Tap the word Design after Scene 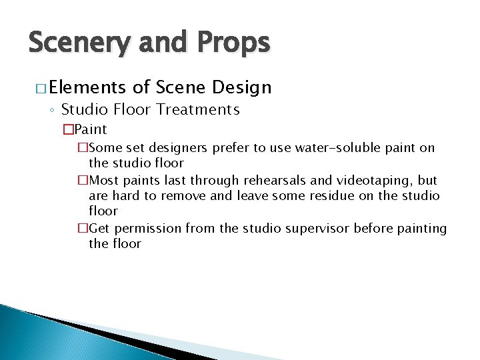coord(243,87)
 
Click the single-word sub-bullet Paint coord(91,129)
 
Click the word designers coord(168,147)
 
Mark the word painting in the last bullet coord(421,228)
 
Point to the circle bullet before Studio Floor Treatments coord(53,109)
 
